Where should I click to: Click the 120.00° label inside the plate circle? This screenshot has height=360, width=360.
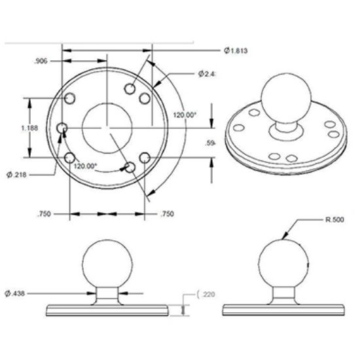tap(85, 166)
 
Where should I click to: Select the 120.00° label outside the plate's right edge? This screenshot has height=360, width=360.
tap(185, 115)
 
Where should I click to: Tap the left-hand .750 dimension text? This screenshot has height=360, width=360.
tap(44, 214)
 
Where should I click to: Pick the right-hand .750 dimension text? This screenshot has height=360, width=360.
tap(168, 214)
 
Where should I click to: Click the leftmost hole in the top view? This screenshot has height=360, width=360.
tap(63, 128)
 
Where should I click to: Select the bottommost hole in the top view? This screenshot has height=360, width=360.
tap(131, 168)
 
